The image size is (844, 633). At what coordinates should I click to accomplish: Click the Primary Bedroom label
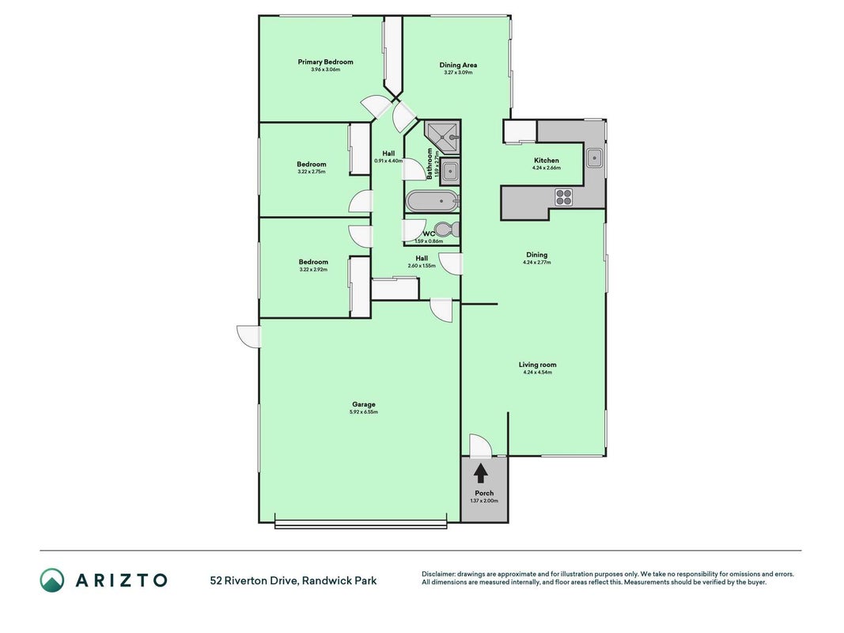point(325,62)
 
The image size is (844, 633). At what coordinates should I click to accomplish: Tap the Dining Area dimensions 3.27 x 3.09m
point(458,72)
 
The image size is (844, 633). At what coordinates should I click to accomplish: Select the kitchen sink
point(594,158)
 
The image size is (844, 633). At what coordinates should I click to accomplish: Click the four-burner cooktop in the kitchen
point(563,197)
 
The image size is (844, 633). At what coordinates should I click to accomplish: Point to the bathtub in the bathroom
point(432,201)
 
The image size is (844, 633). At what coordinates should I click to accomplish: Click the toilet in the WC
point(446,229)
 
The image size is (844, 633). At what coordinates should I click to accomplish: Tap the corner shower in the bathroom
point(442,138)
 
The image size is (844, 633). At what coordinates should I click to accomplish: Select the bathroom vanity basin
point(450,172)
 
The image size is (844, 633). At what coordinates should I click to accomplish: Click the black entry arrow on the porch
point(481,473)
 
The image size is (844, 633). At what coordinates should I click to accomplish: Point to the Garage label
point(364,404)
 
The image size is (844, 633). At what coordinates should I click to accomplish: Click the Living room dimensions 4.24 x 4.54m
point(537,372)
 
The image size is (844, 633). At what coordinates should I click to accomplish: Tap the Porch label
point(484,493)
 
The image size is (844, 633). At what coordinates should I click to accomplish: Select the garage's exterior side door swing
point(248,336)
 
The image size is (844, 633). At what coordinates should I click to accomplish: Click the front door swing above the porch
point(480,445)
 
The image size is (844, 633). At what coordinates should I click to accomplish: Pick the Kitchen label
point(547,161)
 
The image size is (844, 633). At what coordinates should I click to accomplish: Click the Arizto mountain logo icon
point(51,580)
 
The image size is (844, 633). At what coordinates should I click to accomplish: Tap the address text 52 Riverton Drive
point(254,581)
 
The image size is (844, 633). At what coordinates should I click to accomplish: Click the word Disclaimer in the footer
point(439,574)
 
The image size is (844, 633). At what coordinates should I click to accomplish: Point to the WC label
point(429,234)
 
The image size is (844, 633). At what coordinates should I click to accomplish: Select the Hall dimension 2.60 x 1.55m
point(422,266)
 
